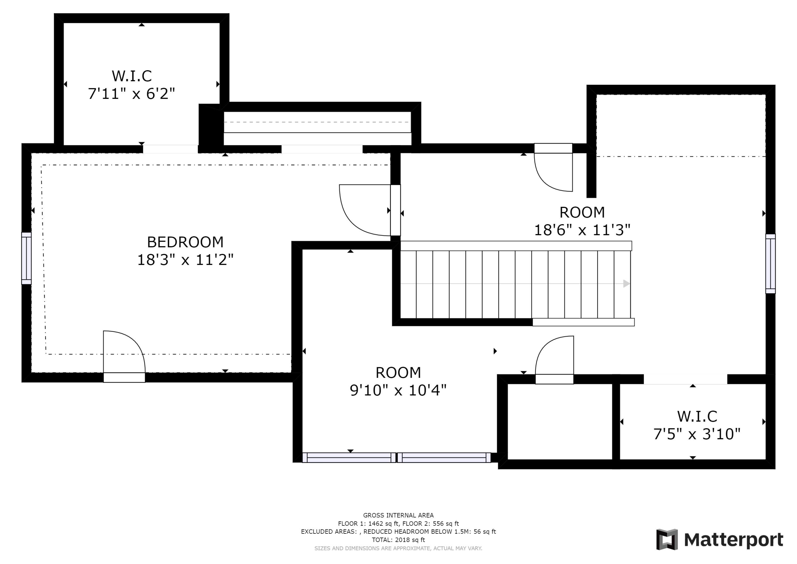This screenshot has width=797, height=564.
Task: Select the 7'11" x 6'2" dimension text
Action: pyautogui.click(x=131, y=94)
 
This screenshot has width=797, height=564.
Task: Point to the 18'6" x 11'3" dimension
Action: pyautogui.click(x=582, y=230)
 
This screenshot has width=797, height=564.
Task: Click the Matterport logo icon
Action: pyautogui.click(x=667, y=539)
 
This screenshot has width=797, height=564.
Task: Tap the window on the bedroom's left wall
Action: pyautogui.click(x=26, y=258)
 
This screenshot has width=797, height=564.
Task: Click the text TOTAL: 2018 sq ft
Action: pyautogui.click(x=398, y=540)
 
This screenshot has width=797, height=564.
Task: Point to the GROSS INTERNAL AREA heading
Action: pyautogui.click(x=398, y=515)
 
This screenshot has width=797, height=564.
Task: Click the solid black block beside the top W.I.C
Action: pyautogui.click(x=210, y=127)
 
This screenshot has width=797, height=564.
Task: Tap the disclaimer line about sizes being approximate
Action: pyautogui.click(x=398, y=548)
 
